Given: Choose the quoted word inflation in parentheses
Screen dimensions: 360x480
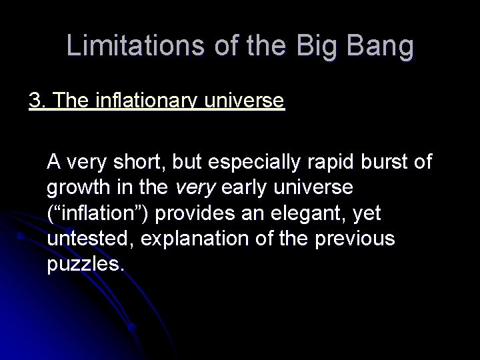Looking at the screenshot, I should pos(96,213).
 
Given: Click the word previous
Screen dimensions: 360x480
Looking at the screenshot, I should pos(361,239).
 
